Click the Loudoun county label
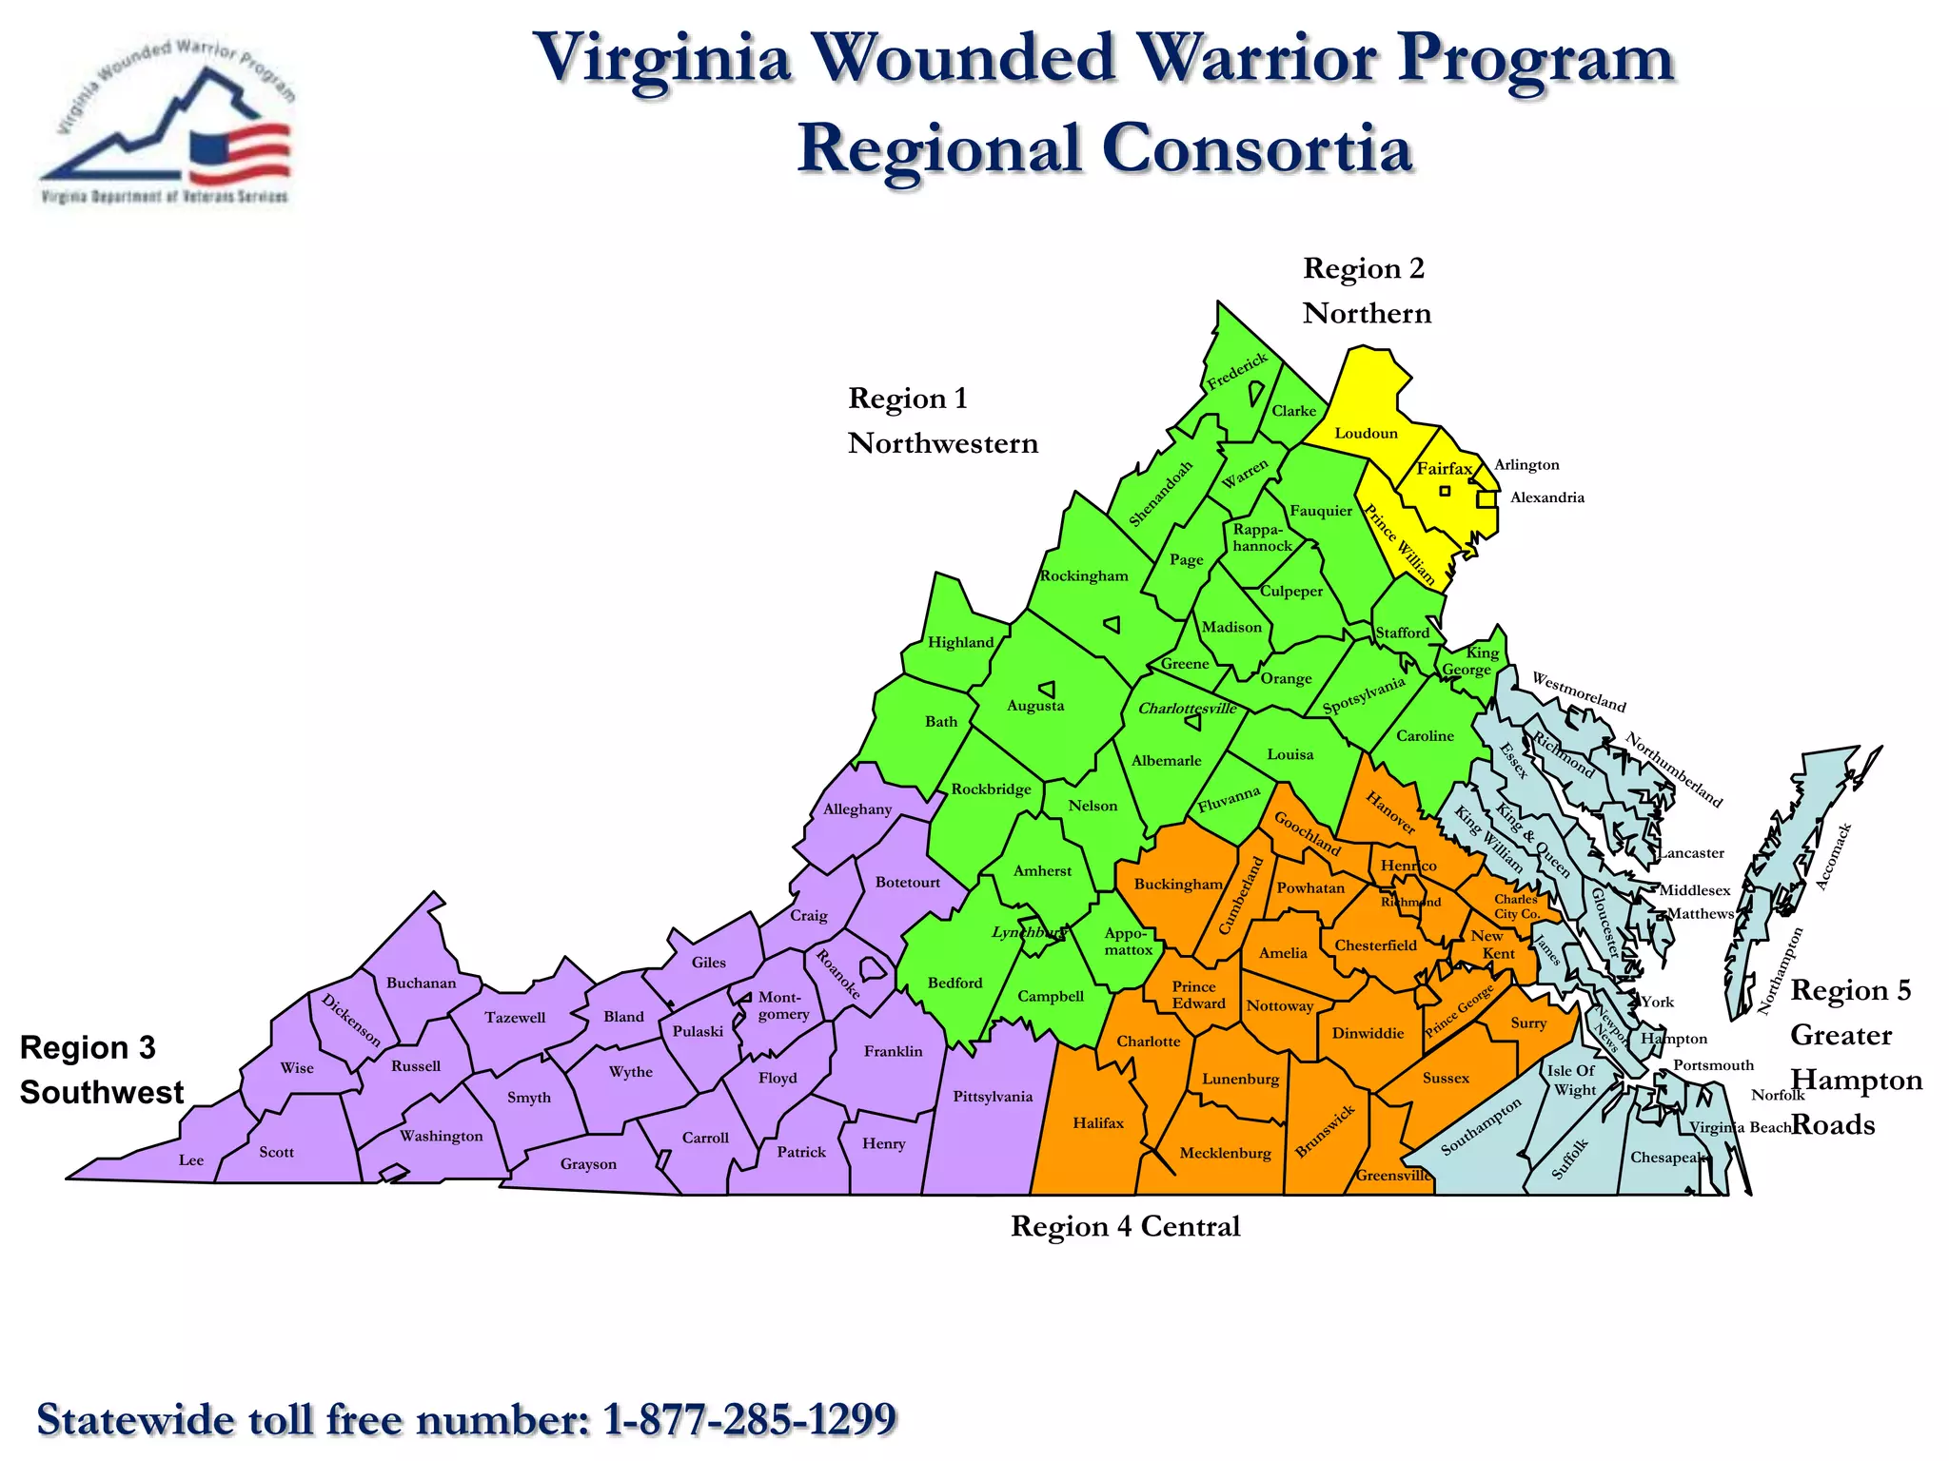[x=1366, y=434]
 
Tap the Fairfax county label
[x=1444, y=468]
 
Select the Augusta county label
[x=1035, y=706]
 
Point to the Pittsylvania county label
[x=993, y=1097]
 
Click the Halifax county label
[x=1098, y=1123]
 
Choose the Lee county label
[x=191, y=1160]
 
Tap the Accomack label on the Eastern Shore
[x=1833, y=857]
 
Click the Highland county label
[x=960, y=642]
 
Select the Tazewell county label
[x=515, y=1018]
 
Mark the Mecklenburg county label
[x=1225, y=1154]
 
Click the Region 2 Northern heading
[x=1366, y=290]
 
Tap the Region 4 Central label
[x=1125, y=1227]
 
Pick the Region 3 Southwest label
[x=101, y=1070]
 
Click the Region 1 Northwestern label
[x=941, y=420]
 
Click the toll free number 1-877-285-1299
[x=750, y=1419]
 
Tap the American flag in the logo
[x=239, y=152]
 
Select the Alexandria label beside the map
[x=1546, y=497]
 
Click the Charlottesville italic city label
[x=1187, y=709]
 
